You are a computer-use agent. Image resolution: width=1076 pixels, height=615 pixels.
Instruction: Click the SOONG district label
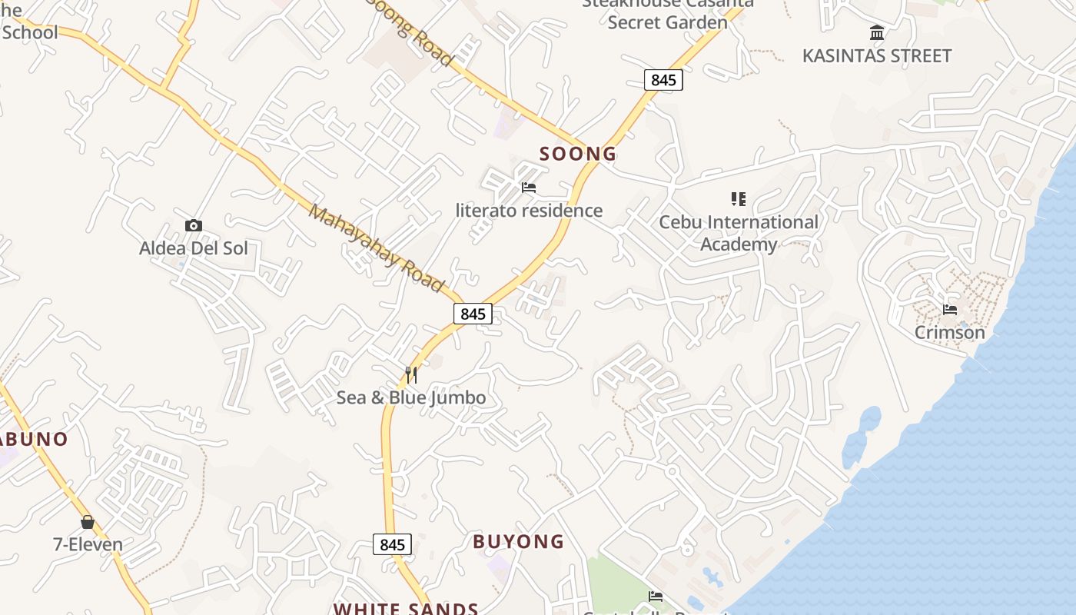point(578,154)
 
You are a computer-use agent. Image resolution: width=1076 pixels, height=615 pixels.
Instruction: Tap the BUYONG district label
point(518,542)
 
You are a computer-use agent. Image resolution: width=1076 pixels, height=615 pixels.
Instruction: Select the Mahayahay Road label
point(377,248)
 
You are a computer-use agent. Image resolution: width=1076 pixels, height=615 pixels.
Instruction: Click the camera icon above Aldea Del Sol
point(194,225)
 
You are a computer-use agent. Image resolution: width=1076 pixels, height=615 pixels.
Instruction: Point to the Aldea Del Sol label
point(194,248)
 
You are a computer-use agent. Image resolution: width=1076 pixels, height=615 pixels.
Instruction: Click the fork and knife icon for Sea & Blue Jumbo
point(411,375)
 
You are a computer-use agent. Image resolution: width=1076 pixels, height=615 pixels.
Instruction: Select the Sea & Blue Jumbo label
point(411,397)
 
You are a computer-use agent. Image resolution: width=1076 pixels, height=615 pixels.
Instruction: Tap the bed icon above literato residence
point(528,188)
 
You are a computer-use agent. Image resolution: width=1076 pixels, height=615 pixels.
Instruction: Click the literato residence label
point(529,211)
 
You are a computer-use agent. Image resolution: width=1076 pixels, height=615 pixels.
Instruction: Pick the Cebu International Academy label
point(739,233)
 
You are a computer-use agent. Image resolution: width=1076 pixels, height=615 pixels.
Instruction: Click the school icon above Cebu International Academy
point(739,200)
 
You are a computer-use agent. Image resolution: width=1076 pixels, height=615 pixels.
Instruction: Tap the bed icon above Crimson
point(950,310)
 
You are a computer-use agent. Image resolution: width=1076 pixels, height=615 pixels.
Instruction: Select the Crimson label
point(950,333)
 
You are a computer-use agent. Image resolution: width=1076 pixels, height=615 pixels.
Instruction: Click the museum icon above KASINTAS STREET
point(877,33)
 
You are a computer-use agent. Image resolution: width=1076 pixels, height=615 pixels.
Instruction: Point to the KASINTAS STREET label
point(877,56)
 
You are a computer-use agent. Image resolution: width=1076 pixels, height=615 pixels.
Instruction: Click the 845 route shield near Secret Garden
point(663,80)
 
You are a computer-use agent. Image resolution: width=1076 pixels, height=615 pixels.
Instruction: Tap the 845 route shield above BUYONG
point(392,544)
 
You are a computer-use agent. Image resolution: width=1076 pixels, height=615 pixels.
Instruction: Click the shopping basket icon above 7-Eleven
point(88,522)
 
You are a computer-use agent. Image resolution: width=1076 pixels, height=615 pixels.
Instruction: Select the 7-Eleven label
point(88,544)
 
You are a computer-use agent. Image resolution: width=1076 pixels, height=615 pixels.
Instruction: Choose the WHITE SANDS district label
point(406,609)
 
